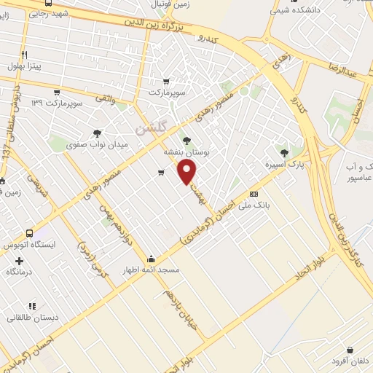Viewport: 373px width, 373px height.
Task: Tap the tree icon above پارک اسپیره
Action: [x=284, y=153]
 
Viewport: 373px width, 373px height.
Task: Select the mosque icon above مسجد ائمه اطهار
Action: [x=151, y=258]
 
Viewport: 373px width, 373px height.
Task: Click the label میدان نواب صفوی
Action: [x=98, y=144]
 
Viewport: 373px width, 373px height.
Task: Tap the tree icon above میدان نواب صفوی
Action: [x=97, y=133]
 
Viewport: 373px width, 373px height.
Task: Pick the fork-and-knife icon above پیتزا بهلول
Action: [x=24, y=55]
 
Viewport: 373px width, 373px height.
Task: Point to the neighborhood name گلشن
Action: [x=152, y=127]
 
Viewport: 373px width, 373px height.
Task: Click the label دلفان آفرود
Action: [x=350, y=361]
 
